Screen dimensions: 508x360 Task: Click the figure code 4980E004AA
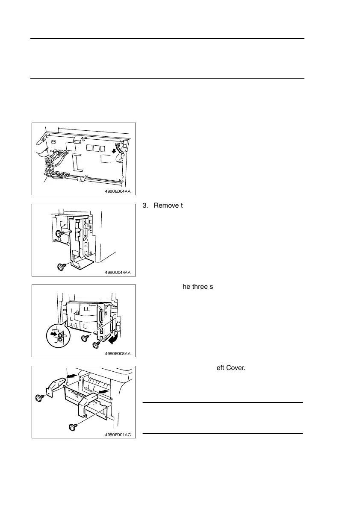(118, 192)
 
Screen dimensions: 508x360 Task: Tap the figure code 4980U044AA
(118, 273)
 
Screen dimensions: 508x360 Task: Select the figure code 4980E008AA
(118, 353)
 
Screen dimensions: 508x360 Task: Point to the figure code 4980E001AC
(118, 435)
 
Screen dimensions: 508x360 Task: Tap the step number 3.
(145, 206)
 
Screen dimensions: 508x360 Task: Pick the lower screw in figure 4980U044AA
(61, 267)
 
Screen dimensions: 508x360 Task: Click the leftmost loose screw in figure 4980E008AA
(84, 338)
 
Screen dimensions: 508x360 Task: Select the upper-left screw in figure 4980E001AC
(39, 398)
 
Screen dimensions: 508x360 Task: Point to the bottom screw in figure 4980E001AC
(72, 426)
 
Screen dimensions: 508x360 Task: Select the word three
(199, 286)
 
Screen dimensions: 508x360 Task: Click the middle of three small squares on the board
(96, 149)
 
